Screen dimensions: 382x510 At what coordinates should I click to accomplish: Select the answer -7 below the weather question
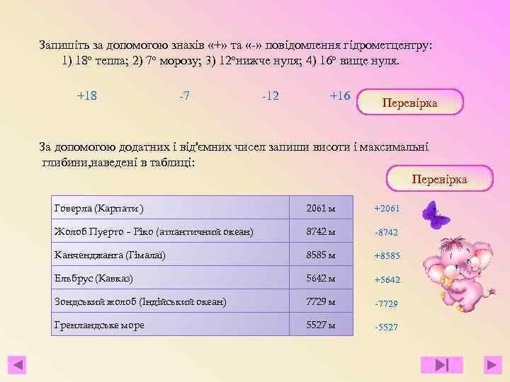pos(184,95)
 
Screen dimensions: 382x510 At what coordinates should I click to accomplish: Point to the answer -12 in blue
pos(270,95)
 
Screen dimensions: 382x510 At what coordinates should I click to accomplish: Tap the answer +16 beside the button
pos(340,95)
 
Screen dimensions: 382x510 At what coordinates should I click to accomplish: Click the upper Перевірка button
pos(410,103)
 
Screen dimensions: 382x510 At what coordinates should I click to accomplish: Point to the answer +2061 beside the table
pos(387,209)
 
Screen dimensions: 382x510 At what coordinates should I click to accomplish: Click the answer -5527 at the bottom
pos(387,328)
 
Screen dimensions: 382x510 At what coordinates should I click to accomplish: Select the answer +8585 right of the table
pos(387,256)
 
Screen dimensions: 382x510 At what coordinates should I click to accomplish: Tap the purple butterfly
pos(435,214)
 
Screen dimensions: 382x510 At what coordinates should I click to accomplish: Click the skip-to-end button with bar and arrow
pos(443,365)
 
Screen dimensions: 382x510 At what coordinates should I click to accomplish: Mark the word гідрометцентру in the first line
pos(388,45)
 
